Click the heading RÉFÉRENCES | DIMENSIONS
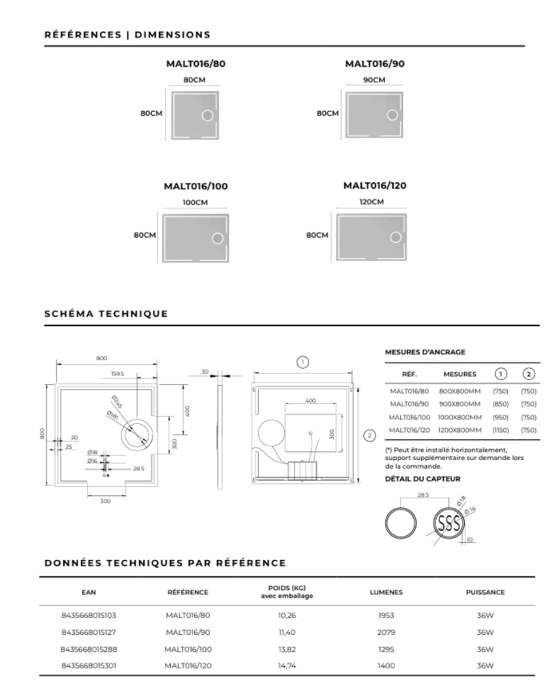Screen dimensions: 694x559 pyautogui.click(x=128, y=35)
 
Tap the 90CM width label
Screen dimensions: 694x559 pyautogui.click(x=374, y=80)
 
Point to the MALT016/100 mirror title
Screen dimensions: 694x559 pyautogui.click(x=196, y=186)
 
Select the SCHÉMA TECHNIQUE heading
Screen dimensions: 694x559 pyautogui.click(x=106, y=313)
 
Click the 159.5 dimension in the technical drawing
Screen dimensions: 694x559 pyautogui.click(x=117, y=373)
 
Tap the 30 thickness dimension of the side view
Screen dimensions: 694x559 pyautogui.click(x=204, y=371)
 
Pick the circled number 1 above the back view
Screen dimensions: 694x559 pyautogui.click(x=303, y=362)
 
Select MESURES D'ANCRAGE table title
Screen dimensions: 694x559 pyautogui.click(x=425, y=351)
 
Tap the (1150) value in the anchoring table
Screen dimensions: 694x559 pyautogui.click(x=501, y=430)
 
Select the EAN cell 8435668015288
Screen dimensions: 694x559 pyautogui.click(x=89, y=648)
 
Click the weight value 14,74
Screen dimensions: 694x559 pyautogui.click(x=287, y=664)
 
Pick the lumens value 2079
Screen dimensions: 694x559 pyautogui.click(x=387, y=632)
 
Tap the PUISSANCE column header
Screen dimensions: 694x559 pyautogui.click(x=485, y=592)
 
